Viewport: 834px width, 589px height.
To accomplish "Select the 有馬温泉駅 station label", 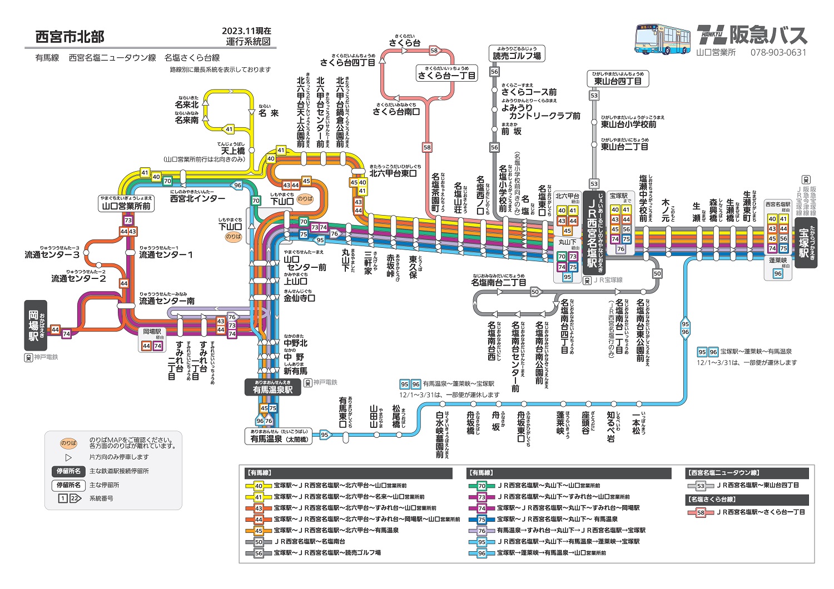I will tap(272, 389).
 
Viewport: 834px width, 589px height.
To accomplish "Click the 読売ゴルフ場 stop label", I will tap(517, 55).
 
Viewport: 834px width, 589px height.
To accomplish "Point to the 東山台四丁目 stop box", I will tap(618, 81).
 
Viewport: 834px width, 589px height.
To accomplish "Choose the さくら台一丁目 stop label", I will tap(447, 75).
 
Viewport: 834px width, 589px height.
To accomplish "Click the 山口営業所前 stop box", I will tap(126, 205).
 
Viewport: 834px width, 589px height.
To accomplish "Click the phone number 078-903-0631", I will tap(778, 53).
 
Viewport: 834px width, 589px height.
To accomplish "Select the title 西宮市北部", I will tap(70, 37).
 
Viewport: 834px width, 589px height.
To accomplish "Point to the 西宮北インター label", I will tap(197, 198).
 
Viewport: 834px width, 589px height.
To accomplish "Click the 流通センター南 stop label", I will tap(167, 301).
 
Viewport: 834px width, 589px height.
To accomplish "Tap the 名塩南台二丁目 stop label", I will tap(498, 282).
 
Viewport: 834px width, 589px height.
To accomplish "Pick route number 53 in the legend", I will tap(701, 486).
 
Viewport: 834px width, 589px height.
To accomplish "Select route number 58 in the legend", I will tap(701, 512).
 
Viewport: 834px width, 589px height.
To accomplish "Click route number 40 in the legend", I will tap(259, 486).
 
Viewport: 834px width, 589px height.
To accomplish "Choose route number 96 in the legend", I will tap(481, 553).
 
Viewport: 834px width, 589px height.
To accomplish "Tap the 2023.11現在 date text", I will tap(246, 31).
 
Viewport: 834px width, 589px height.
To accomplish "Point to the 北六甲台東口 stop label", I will tap(393, 173).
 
